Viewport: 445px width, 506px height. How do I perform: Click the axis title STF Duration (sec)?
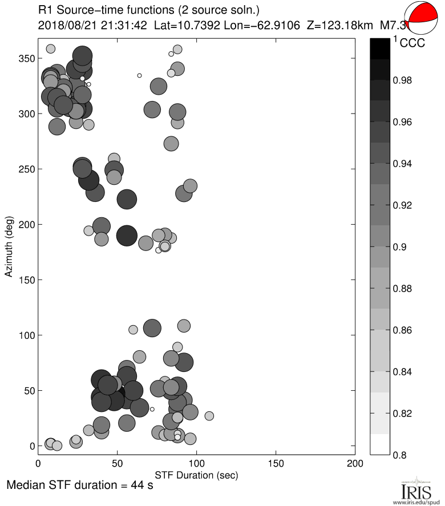[x=196, y=475]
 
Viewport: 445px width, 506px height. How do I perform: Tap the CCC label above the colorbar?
[x=412, y=43]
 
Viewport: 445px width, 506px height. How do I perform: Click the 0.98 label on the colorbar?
[x=406, y=80]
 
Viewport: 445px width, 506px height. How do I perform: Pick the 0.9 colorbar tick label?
[x=403, y=247]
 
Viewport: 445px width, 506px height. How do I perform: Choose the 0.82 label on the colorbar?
[x=406, y=413]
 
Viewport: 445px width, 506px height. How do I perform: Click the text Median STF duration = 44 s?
[x=80, y=487]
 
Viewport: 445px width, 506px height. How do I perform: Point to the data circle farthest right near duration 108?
[x=209, y=416]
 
